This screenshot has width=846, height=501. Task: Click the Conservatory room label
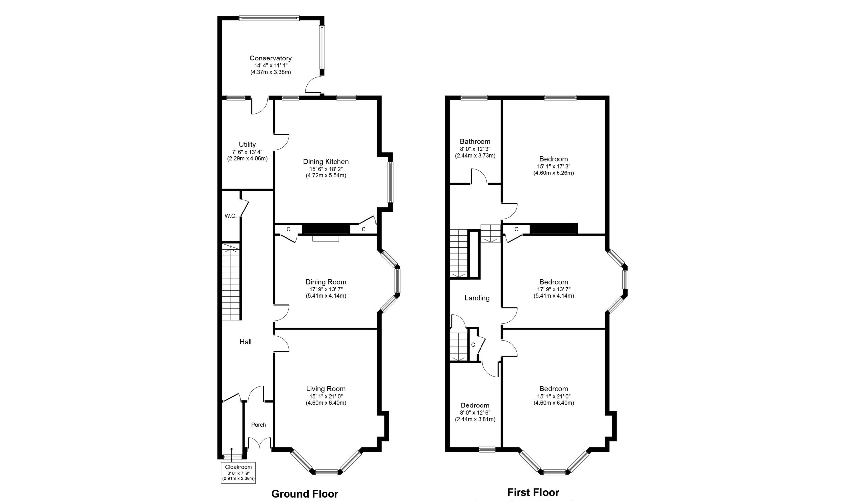coord(270,58)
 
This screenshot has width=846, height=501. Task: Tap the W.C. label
coord(231,216)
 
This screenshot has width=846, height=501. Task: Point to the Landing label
coord(477,298)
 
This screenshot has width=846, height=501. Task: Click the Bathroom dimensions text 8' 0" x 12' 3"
coord(475,149)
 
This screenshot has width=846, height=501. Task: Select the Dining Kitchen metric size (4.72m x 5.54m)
coord(326,176)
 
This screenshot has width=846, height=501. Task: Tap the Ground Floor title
coord(304,494)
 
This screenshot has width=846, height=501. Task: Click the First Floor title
coord(533,492)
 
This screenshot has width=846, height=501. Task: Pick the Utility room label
coord(247,144)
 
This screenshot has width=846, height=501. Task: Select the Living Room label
coord(326,389)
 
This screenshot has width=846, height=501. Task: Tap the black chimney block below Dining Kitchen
coord(326,230)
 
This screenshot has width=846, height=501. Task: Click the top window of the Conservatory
coord(269,18)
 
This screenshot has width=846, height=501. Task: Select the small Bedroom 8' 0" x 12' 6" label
coord(475,405)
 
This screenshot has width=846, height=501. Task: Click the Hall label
coord(246,342)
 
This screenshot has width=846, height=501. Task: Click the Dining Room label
coord(326,282)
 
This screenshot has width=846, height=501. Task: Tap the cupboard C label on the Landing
coord(473,345)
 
